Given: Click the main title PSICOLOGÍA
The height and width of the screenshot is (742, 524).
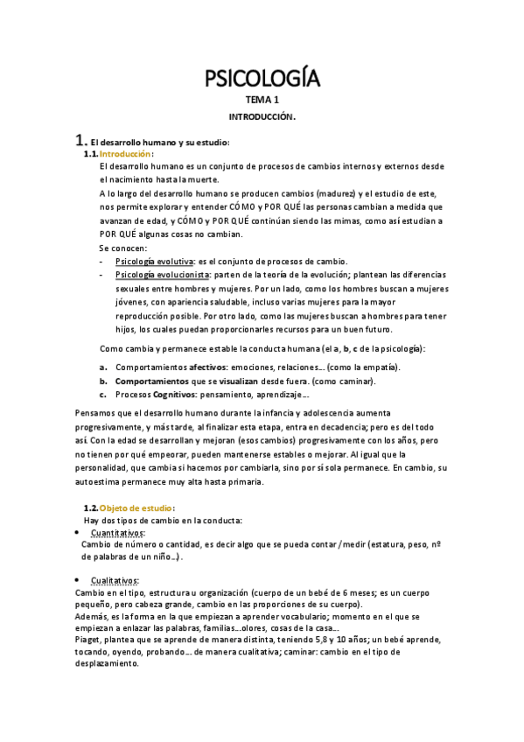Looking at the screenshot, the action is tap(262, 80).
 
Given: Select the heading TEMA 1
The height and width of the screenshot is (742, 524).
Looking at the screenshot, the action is tap(262, 101).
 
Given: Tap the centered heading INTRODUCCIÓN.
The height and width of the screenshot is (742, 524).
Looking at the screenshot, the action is tap(262, 115).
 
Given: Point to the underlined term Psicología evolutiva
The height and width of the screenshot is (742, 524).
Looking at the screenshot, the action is tap(154, 262).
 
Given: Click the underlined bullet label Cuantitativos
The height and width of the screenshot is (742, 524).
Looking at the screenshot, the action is tap(118, 533).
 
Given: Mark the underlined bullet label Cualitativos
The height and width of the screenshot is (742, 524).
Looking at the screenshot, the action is tap(115, 581).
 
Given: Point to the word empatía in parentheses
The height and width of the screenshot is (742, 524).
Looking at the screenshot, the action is tap(376, 367).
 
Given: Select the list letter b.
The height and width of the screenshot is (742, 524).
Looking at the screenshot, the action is tap(103, 381).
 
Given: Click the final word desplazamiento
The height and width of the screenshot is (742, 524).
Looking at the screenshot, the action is tap(107, 663).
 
